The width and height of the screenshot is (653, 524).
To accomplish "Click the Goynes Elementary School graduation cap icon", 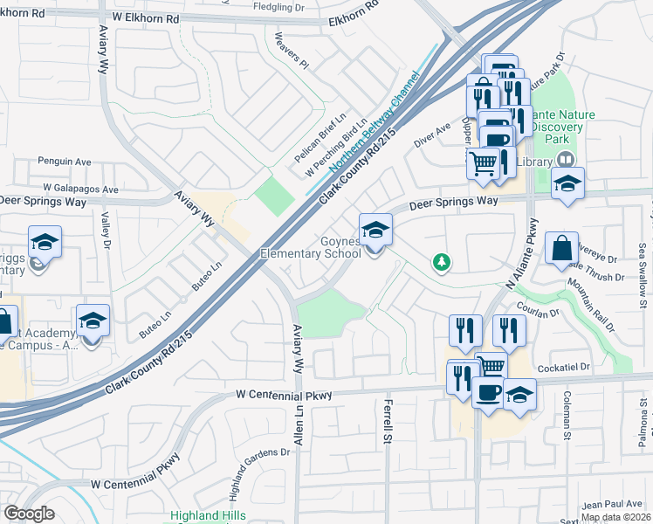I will tap(376, 231).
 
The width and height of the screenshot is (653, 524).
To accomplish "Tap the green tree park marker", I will tap(443, 262).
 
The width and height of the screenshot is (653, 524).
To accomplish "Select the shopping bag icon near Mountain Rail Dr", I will tap(561, 248).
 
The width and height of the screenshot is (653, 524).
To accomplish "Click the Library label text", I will tap(534, 161).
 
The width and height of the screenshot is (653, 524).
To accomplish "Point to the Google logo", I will tap(29, 514).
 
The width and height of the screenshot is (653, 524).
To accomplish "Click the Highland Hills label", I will tap(208, 516).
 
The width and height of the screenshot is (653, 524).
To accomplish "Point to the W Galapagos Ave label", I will tap(80, 189).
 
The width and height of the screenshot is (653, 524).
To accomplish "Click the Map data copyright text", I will tap(615, 517).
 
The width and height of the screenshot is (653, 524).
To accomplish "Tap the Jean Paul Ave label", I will tap(611, 504).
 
